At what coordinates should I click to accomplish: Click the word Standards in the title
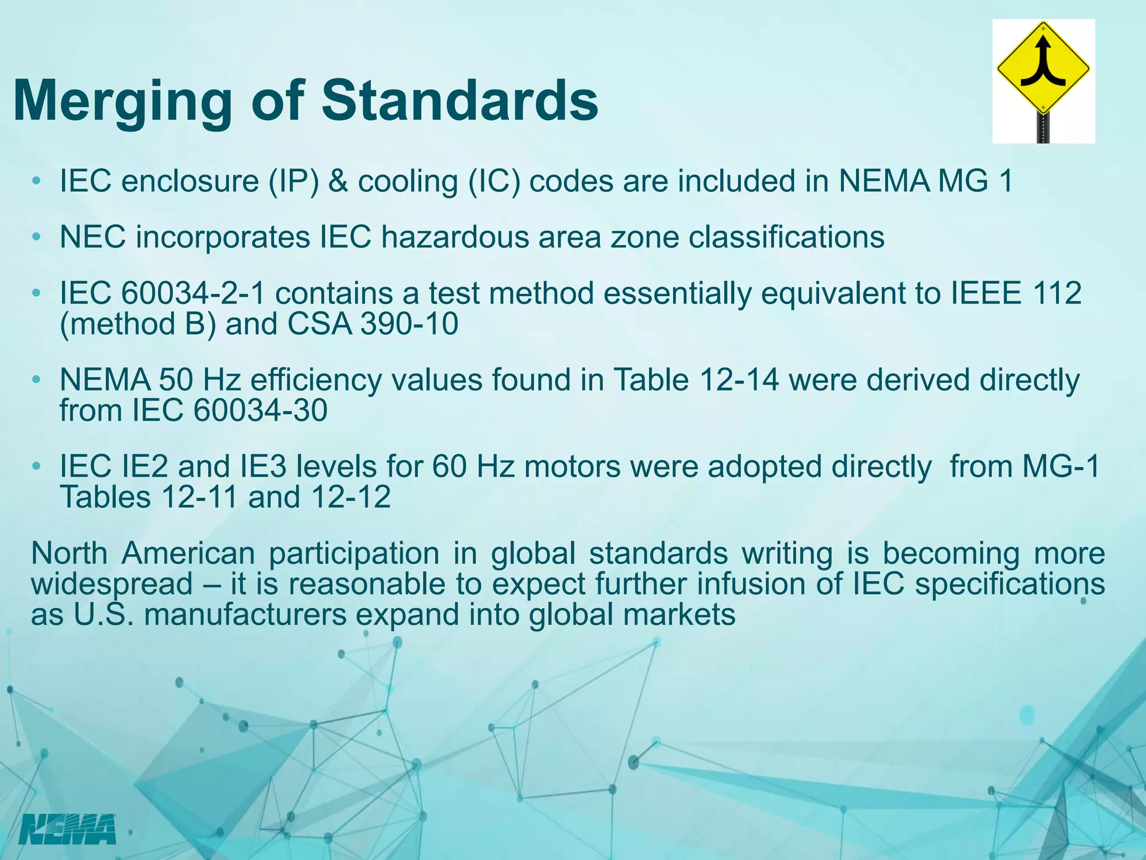point(459,101)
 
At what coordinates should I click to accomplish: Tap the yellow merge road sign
point(1043,71)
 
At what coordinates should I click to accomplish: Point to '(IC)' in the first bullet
point(493,181)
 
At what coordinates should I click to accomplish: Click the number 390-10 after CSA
point(409,324)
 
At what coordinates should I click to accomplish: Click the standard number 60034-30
point(260,410)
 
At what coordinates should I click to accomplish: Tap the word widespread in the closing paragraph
point(112,584)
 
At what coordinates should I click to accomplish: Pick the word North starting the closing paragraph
point(69,553)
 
